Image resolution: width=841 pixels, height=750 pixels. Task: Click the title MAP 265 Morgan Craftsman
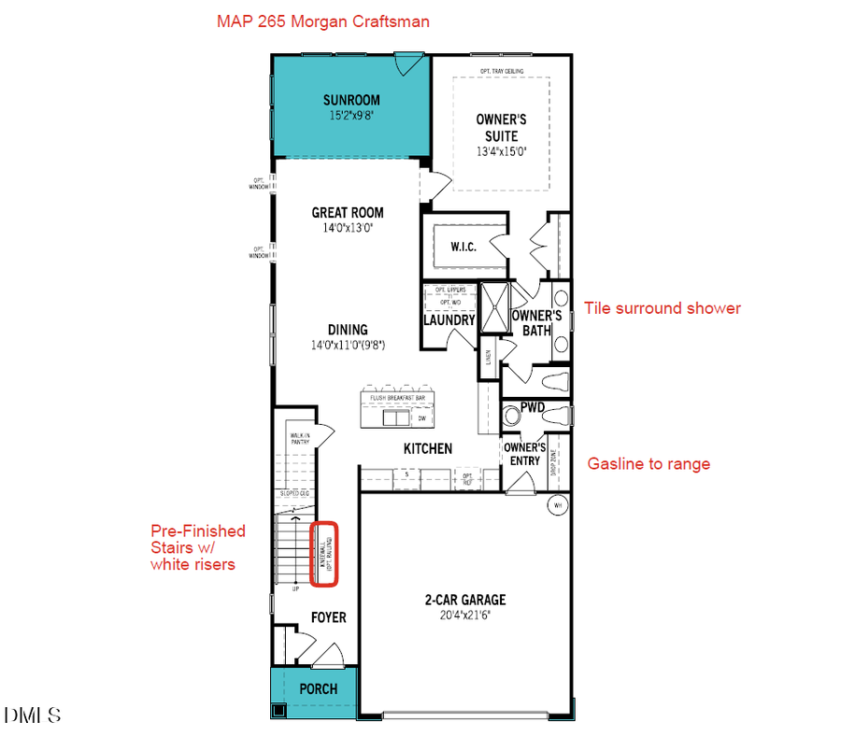[x=323, y=21]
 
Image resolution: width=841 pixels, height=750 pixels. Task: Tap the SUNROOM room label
[x=351, y=101]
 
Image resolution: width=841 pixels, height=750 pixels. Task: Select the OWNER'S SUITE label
[x=502, y=128]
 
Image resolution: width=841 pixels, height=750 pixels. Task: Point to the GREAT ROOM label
[x=348, y=213]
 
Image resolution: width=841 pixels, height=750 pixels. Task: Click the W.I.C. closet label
[x=463, y=248]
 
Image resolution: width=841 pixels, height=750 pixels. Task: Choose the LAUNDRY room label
[x=449, y=320]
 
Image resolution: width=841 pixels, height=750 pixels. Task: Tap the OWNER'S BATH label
[x=536, y=323]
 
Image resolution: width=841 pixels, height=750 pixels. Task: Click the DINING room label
[x=348, y=330]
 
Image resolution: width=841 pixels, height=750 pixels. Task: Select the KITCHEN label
[x=428, y=449]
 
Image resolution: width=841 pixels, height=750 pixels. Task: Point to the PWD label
[x=533, y=406]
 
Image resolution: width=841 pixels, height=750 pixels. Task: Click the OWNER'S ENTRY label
[x=524, y=454]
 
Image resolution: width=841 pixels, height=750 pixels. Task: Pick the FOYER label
[x=328, y=617]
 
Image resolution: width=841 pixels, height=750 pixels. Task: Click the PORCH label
[x=318, y=688]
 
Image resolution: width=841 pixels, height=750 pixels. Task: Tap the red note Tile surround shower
[x=662, y=308]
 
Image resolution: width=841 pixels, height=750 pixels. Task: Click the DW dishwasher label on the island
[x=421, y=419]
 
